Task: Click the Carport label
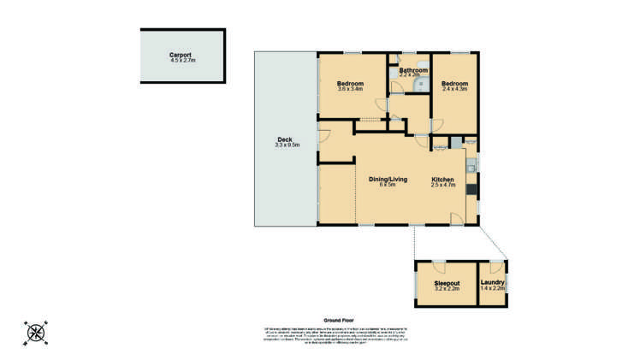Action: (x=183, y=55)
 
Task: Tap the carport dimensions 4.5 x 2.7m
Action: (x=183, y=61)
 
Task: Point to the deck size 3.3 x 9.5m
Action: (x=287, y=145)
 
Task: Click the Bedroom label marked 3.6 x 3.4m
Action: (x=351, y=83)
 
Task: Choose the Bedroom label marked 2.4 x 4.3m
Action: (x=455, y=84)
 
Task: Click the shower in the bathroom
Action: (x=420, y=85)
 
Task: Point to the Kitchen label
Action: (x=442, y=179)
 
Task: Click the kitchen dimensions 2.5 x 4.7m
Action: (x=443, y=185)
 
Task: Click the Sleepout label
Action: (x=447, y=283)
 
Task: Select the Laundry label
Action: (x=493, y=283)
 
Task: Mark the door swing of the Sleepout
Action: (x=437, y=265)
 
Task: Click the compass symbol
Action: (x=36, y=331)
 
